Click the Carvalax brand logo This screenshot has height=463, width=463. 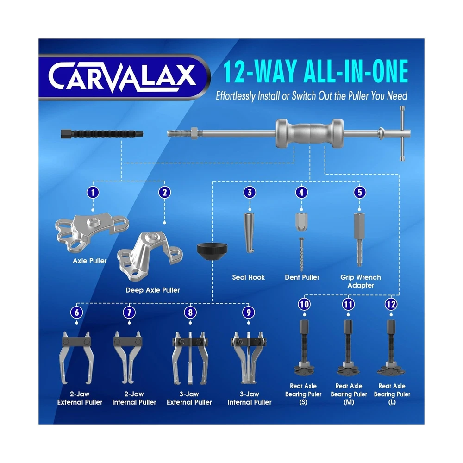point(123,76)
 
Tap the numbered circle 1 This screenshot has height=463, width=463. point(93,193)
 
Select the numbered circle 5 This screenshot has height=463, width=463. point(360,193)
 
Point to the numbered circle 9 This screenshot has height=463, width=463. point(248,313)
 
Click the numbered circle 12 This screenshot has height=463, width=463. point(391,304)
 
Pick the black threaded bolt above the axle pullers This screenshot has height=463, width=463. point(102,134)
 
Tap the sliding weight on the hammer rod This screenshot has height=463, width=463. point(310,133)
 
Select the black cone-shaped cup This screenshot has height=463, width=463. point(213,251)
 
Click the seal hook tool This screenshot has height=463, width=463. point(249,233)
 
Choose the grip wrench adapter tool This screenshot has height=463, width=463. point(359,239)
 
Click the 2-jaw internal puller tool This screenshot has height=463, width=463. point(128,357)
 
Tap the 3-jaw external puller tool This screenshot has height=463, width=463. point(190,358)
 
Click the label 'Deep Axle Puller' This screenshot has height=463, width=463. point(153,290)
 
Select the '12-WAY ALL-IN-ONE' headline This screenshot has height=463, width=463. point(315,71)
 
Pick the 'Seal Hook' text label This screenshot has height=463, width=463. point(248,277)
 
